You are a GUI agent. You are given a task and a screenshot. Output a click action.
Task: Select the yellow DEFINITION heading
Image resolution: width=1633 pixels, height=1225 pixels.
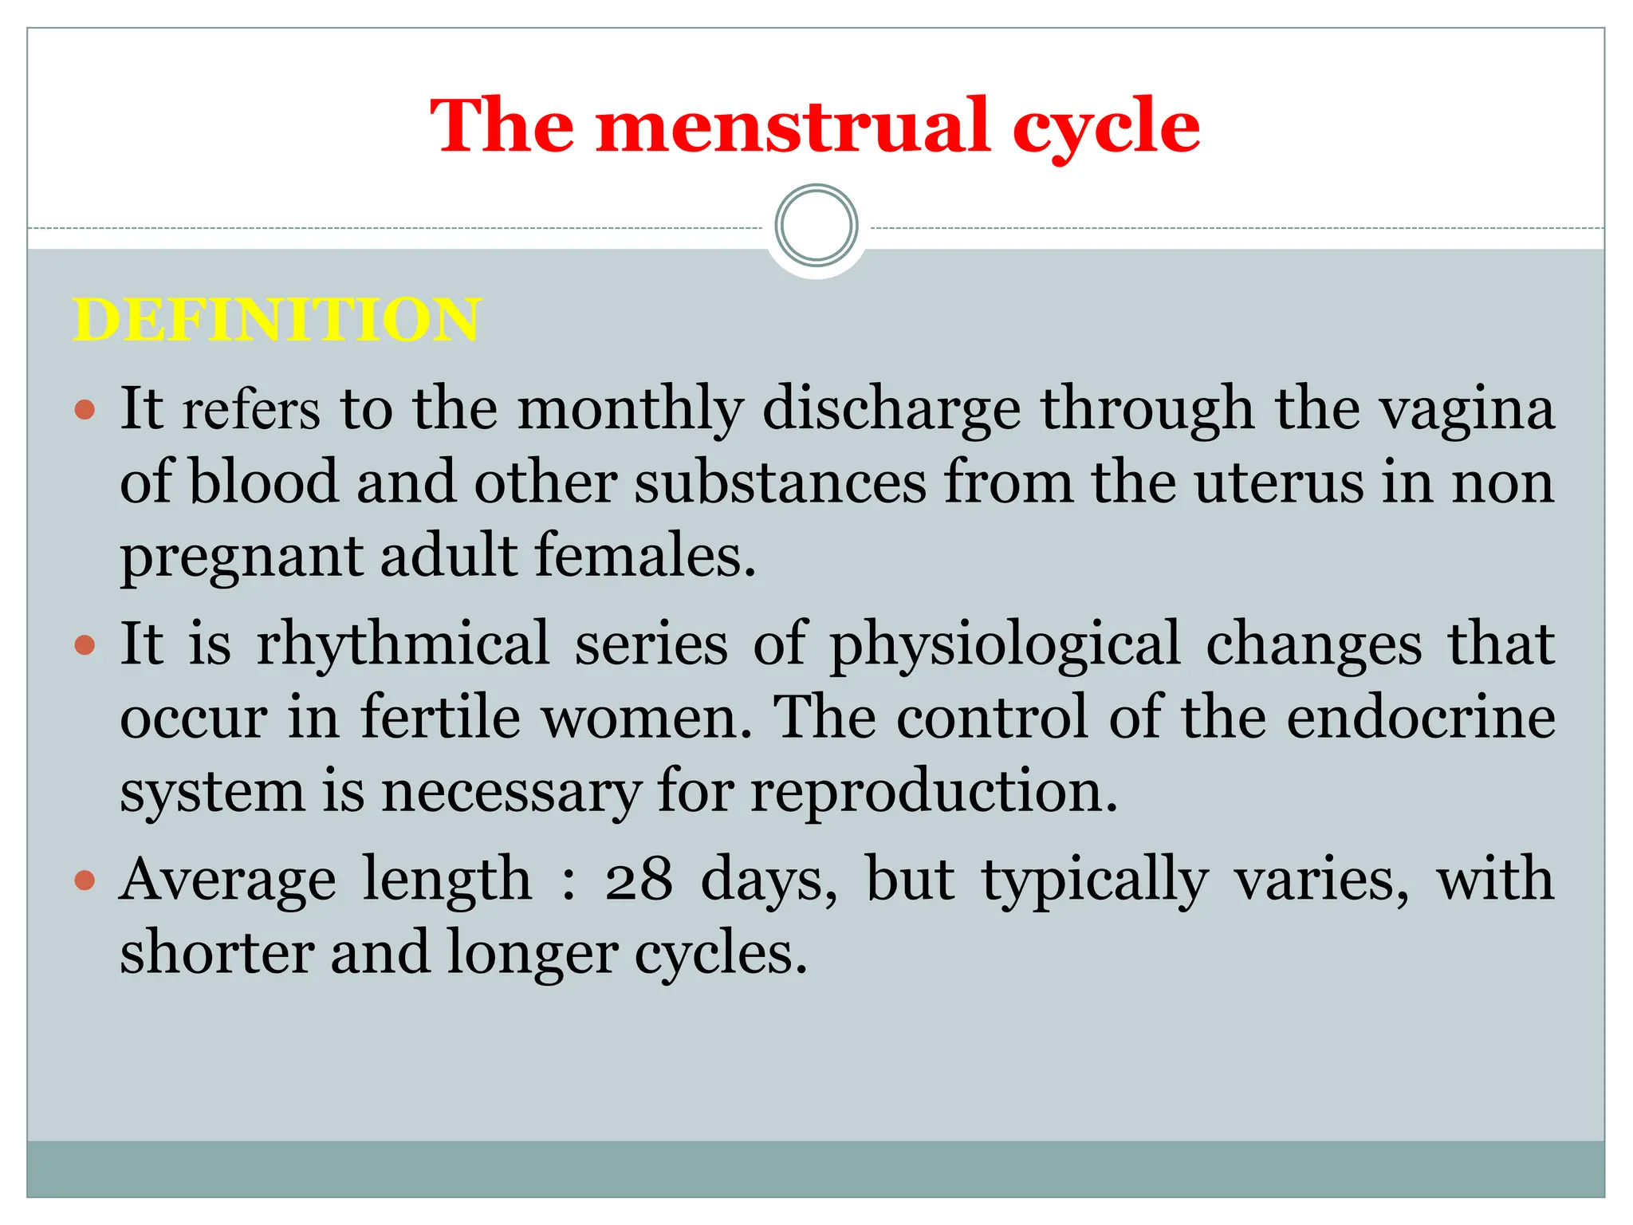coord(277,320)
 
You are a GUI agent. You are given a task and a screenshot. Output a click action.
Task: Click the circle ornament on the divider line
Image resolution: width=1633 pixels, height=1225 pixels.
coord(816,226)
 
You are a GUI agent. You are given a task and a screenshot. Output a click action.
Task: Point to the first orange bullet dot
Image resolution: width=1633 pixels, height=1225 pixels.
coord(85,411)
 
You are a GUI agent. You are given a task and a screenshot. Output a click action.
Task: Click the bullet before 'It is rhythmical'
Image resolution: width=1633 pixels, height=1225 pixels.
coord(85,644)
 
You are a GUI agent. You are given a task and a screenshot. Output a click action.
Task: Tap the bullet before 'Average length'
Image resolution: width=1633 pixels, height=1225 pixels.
coord(85,880)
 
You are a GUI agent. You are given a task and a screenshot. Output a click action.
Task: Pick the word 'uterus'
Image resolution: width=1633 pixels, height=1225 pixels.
coord(1278,483)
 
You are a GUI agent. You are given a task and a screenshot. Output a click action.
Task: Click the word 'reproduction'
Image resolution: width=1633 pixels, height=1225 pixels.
coord(934,793)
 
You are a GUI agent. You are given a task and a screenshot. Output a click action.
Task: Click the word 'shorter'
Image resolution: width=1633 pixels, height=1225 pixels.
coord(216,952)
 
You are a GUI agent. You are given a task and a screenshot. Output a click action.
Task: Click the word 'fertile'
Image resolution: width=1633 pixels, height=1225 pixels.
coord(440,716)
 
